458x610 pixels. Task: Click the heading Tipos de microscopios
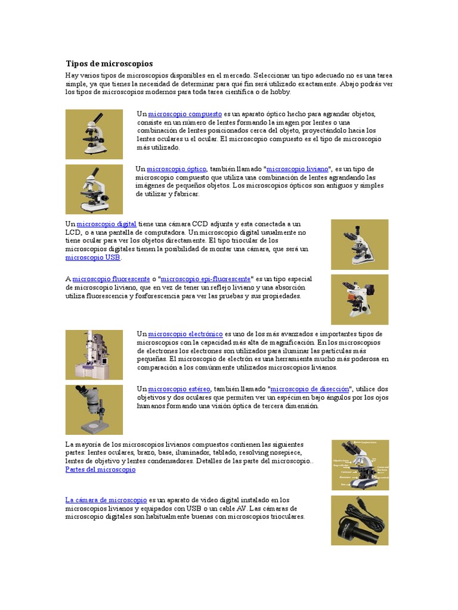109,63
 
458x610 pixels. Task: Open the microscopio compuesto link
185,113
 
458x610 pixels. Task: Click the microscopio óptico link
177,169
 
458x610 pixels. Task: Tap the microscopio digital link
107,223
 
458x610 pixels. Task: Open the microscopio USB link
92,257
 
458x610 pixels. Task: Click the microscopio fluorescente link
111,278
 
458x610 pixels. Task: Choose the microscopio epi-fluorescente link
206,278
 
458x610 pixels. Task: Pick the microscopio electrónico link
185,334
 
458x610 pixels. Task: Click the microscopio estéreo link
179,388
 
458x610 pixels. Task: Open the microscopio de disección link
310,388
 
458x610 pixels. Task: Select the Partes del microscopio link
100,469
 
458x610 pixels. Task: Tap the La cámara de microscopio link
106,500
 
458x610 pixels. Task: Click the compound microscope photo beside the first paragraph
94,134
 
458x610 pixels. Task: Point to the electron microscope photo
94,354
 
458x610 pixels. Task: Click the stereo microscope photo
94,409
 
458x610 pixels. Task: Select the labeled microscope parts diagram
360,465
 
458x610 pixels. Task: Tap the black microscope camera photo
360,520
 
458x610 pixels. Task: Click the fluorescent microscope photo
360,299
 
